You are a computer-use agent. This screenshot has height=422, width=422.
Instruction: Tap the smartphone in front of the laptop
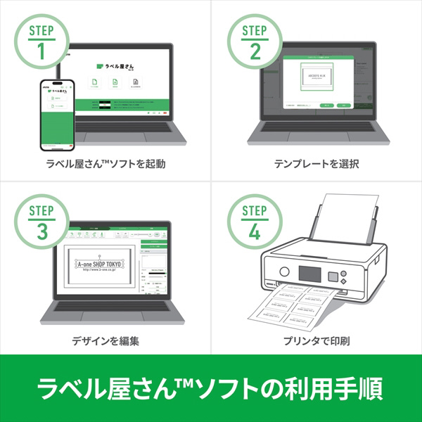(x=57, y=115)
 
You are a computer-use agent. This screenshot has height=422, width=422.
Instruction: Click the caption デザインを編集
(x=105, y=342)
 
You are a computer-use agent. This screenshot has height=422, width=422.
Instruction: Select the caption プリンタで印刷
(x=316, y=342)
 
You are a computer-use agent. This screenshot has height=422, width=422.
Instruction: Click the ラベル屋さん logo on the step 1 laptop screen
(x=117, y=65)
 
